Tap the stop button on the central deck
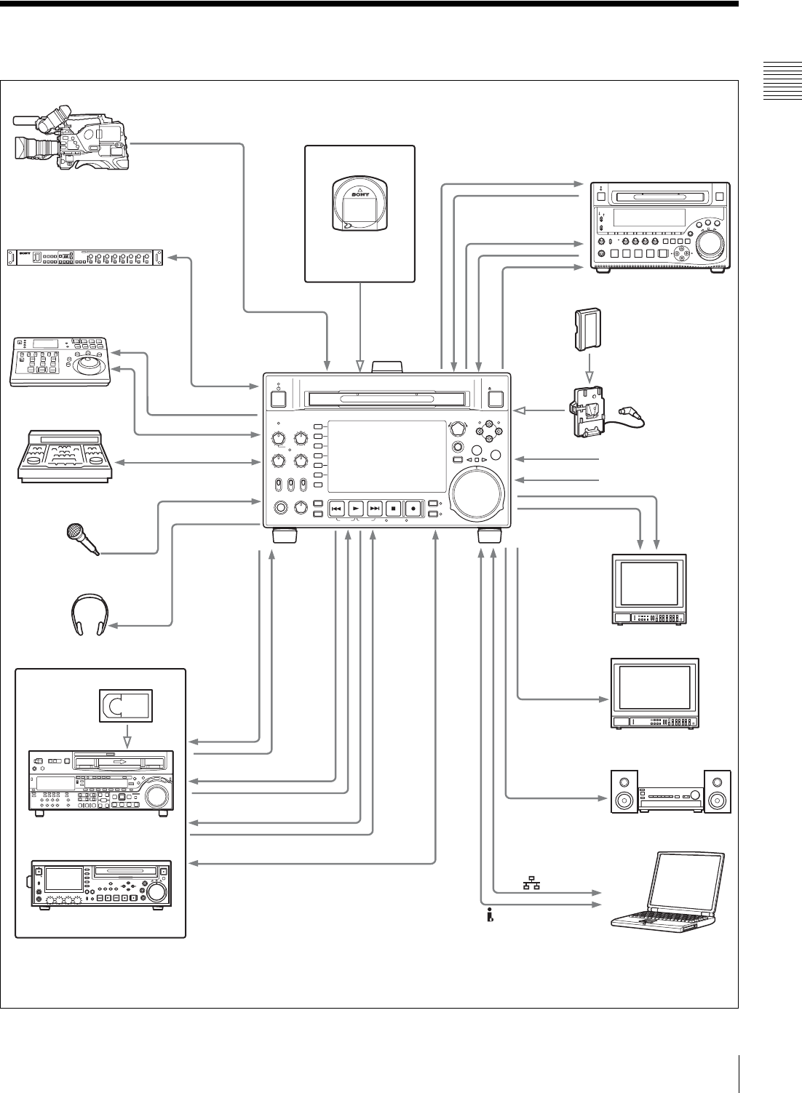point(394,509)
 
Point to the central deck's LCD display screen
point(386,456)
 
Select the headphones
point(91,617)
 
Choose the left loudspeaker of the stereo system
point(624,791)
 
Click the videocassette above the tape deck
point(127,705)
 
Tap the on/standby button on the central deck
point(277,398)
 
